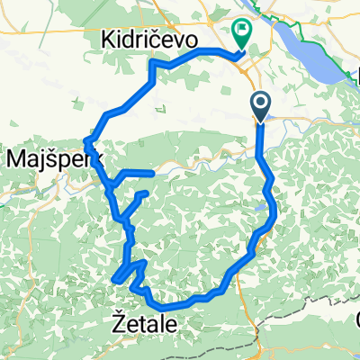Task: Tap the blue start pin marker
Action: click(x=261, y=107)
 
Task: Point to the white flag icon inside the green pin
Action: click(x=243, y=30)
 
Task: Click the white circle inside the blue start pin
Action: click(x=261, y=103)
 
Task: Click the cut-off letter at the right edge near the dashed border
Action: click(x=356, y=319)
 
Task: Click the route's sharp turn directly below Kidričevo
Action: click(x=152, y=65)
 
